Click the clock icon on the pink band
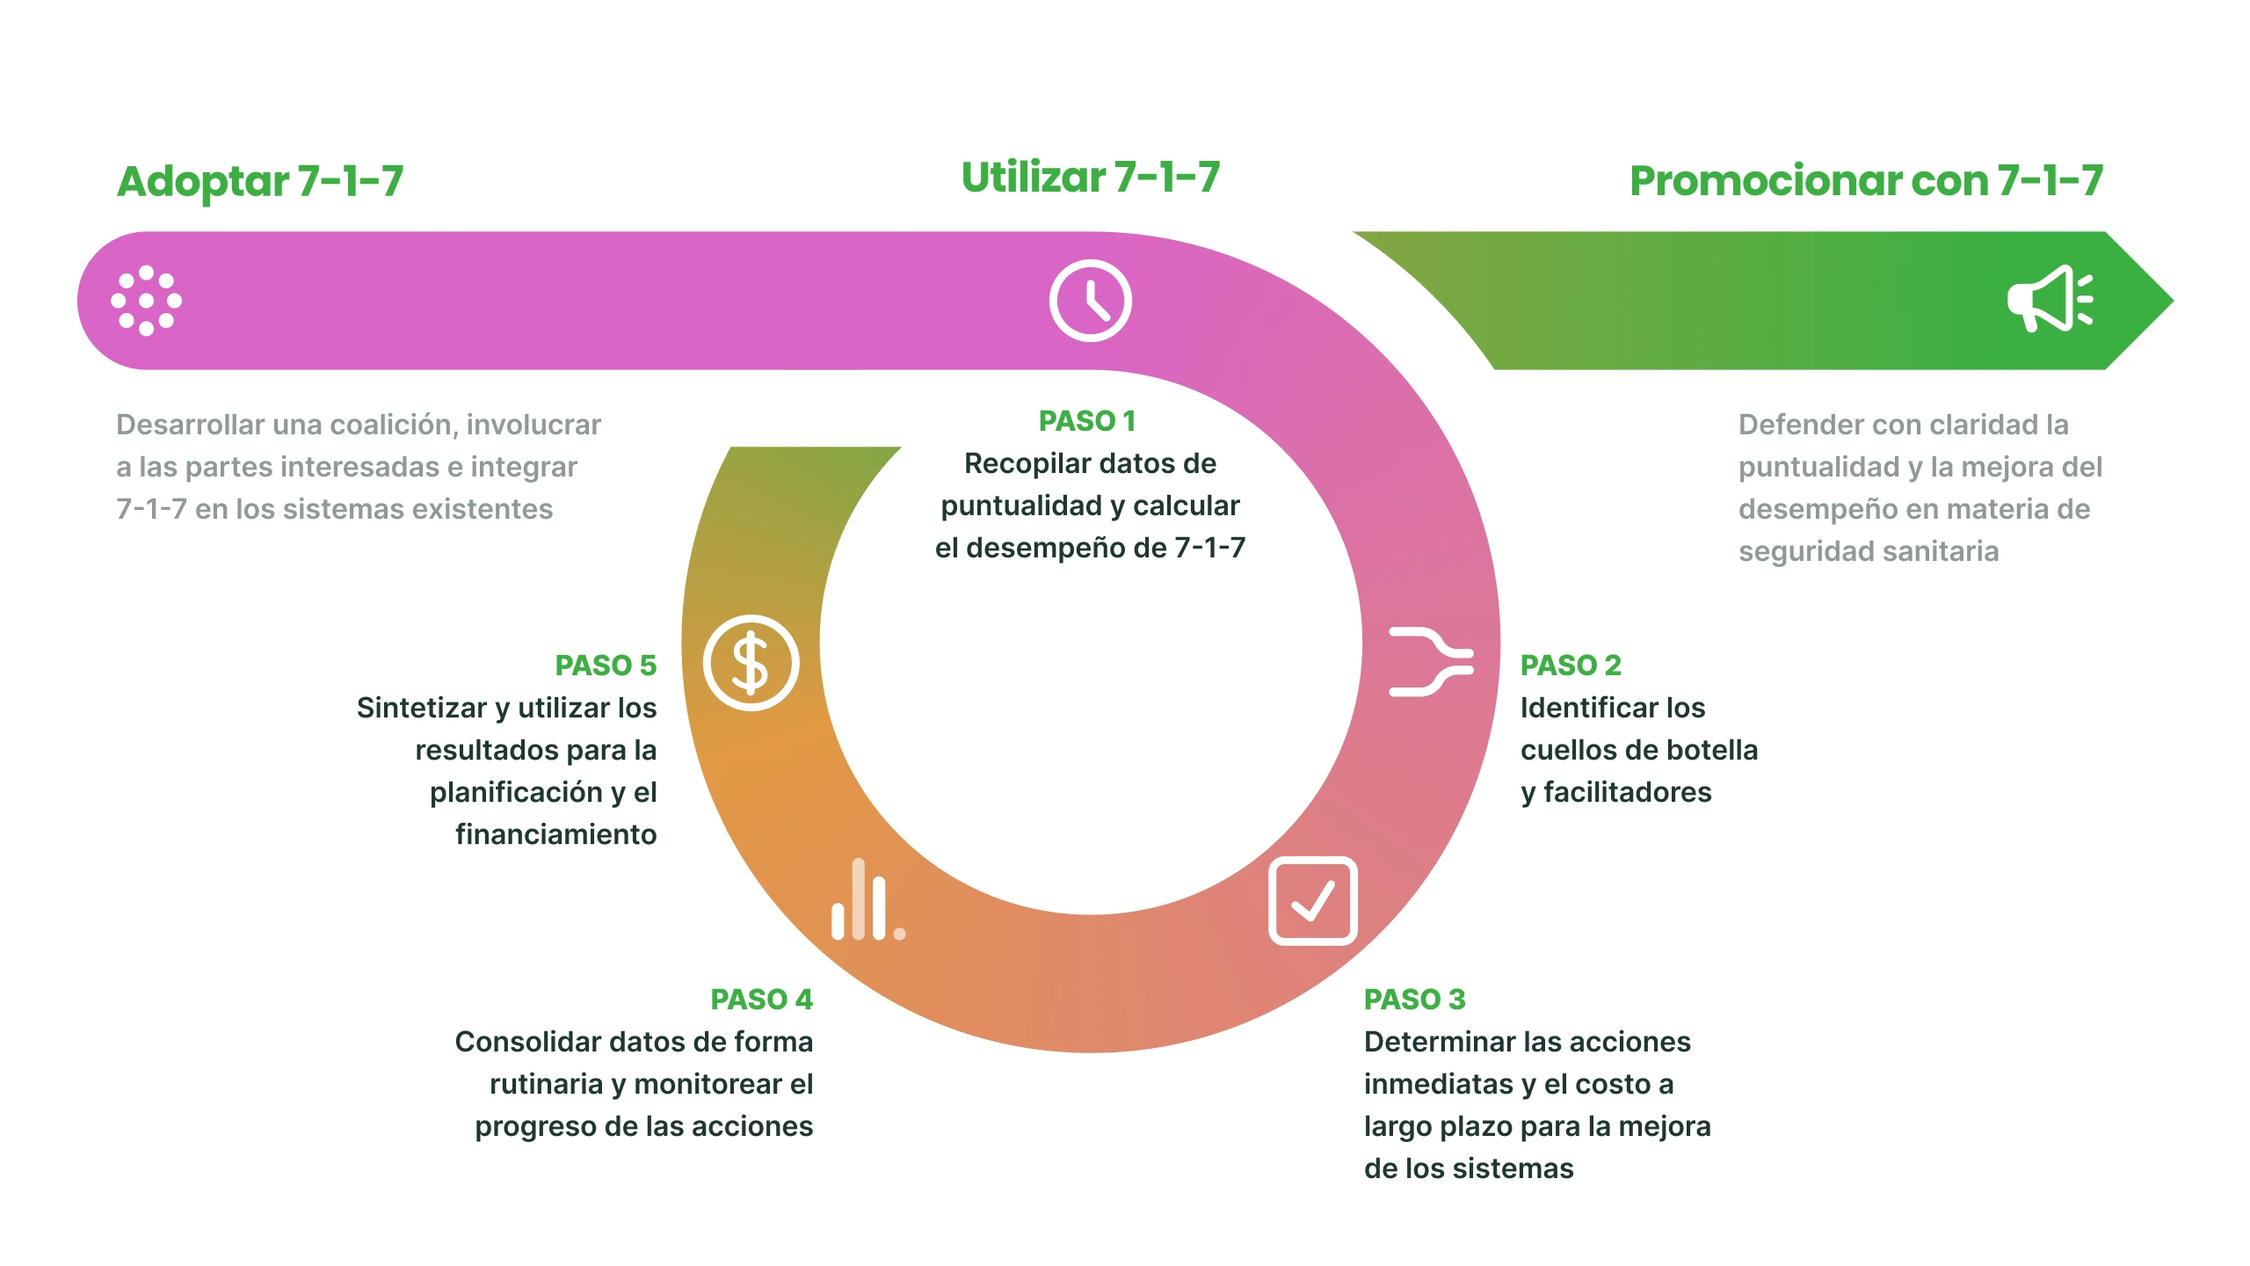coord(1090,301)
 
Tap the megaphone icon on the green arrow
coord(2050,299)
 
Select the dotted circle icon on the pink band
coord(147,301)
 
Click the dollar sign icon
coord(751,663)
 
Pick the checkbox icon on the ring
coord(1313,901)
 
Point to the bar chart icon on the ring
coord(868,899)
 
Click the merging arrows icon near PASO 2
coord(1431,662)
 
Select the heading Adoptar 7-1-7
coord(260,181)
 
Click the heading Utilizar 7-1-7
coord(1091,177)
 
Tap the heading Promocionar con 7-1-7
coord(1867,181)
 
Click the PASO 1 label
coord(1087,421)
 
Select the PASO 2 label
coord(1571,666)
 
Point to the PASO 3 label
coord(1415,1000)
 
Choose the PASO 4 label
coord(762,1000)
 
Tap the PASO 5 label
coord(606,666)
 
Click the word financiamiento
coord(556,834)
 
